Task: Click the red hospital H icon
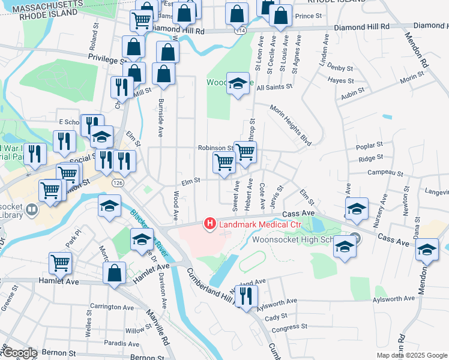[210, 224]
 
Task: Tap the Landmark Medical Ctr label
[259, 225]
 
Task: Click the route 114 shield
[241, 30]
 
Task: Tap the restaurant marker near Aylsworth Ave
[246, 296]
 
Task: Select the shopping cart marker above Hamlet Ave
[60, 262]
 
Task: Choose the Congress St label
[289, 328]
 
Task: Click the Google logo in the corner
[19, 353]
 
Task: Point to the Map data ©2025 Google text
[412, 355]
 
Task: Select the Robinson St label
[215, 148]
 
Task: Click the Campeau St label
[384, 173]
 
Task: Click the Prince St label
[309, 16]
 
